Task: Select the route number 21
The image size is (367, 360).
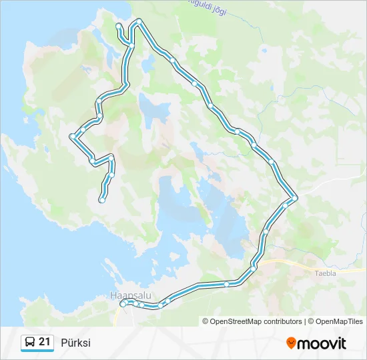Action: (x=45, y=343)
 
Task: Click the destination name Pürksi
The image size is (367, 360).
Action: (x=75, y=343)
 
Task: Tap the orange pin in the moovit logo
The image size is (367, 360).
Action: (x=291, y=343)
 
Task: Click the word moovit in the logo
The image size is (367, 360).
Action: (x=322, y=343)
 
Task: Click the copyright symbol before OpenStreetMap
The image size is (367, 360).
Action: (x=206, y=321)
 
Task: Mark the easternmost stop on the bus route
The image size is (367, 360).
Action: (x=294, y=198)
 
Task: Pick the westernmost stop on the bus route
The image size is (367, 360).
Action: (x=72, y=136)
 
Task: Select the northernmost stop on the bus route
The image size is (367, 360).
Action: (x=139, y=21)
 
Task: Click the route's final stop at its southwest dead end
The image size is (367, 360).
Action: (x=102, y=199)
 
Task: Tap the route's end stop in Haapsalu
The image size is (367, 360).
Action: (x=123, y=304)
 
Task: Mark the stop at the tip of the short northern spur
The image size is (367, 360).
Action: (x=119, y=26)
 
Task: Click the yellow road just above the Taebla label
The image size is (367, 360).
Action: (x=320, y=263)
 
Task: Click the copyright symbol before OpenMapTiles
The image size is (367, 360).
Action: (x=311, y=321)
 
